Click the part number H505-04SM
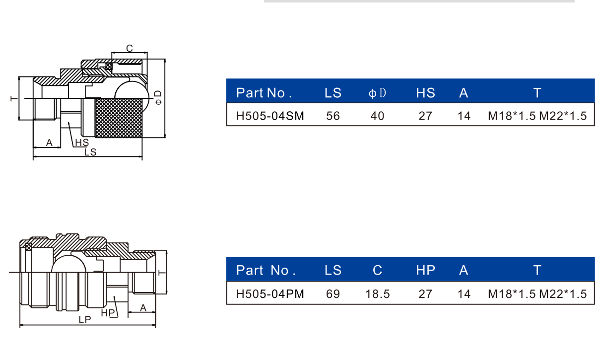(270, 116)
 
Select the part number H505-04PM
(270, 293)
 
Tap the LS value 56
(333, 116)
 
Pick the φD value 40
(377, 116)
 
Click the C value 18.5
(377, 293)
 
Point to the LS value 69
(333, 293)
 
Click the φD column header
(377, 93)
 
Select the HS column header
(425, 93)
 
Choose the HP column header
(425, 270)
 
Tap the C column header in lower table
(377, 270)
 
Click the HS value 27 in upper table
(425, 116)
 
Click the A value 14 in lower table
(464, 293)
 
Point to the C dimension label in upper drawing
(130, 48)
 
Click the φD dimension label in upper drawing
(158, 97)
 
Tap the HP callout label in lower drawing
(108, 313)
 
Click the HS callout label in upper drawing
(82, 143)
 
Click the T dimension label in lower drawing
(161, 273)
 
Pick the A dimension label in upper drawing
(49, 143)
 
